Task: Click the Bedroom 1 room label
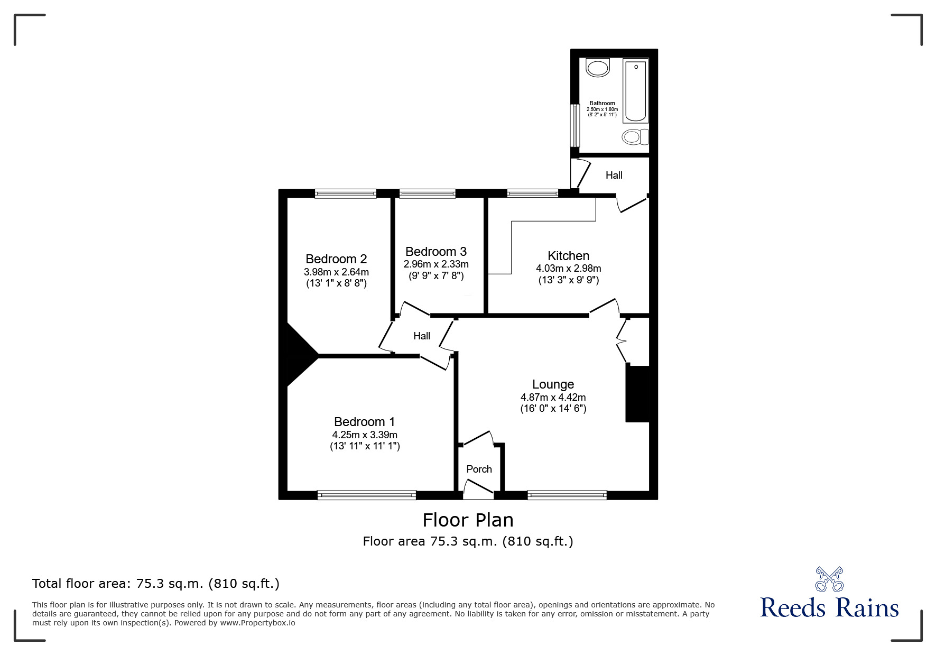[x=364, y=422]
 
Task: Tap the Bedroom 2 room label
[x=336, y=259]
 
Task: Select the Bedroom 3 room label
[x=436, y=252]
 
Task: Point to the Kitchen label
[x=568, y=256]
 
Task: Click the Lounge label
[x=553, y=384]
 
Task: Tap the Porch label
[x=479, y=469]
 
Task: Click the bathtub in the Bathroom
[x=635, y=90]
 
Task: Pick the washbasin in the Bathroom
[x=598, y=68]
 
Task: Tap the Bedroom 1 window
[x=367, y=495]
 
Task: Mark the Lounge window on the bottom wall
[x=567, y=495]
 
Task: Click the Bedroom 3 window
[x=427, y=193]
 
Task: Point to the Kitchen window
[x=532, y=193]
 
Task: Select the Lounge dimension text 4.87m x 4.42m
[x=553, y=398]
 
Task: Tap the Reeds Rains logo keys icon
[x=829, y=579]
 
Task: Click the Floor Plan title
[x=468, y=520]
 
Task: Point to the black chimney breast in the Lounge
[x=637, y=394]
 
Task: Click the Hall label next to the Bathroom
[x=614, y=175]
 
